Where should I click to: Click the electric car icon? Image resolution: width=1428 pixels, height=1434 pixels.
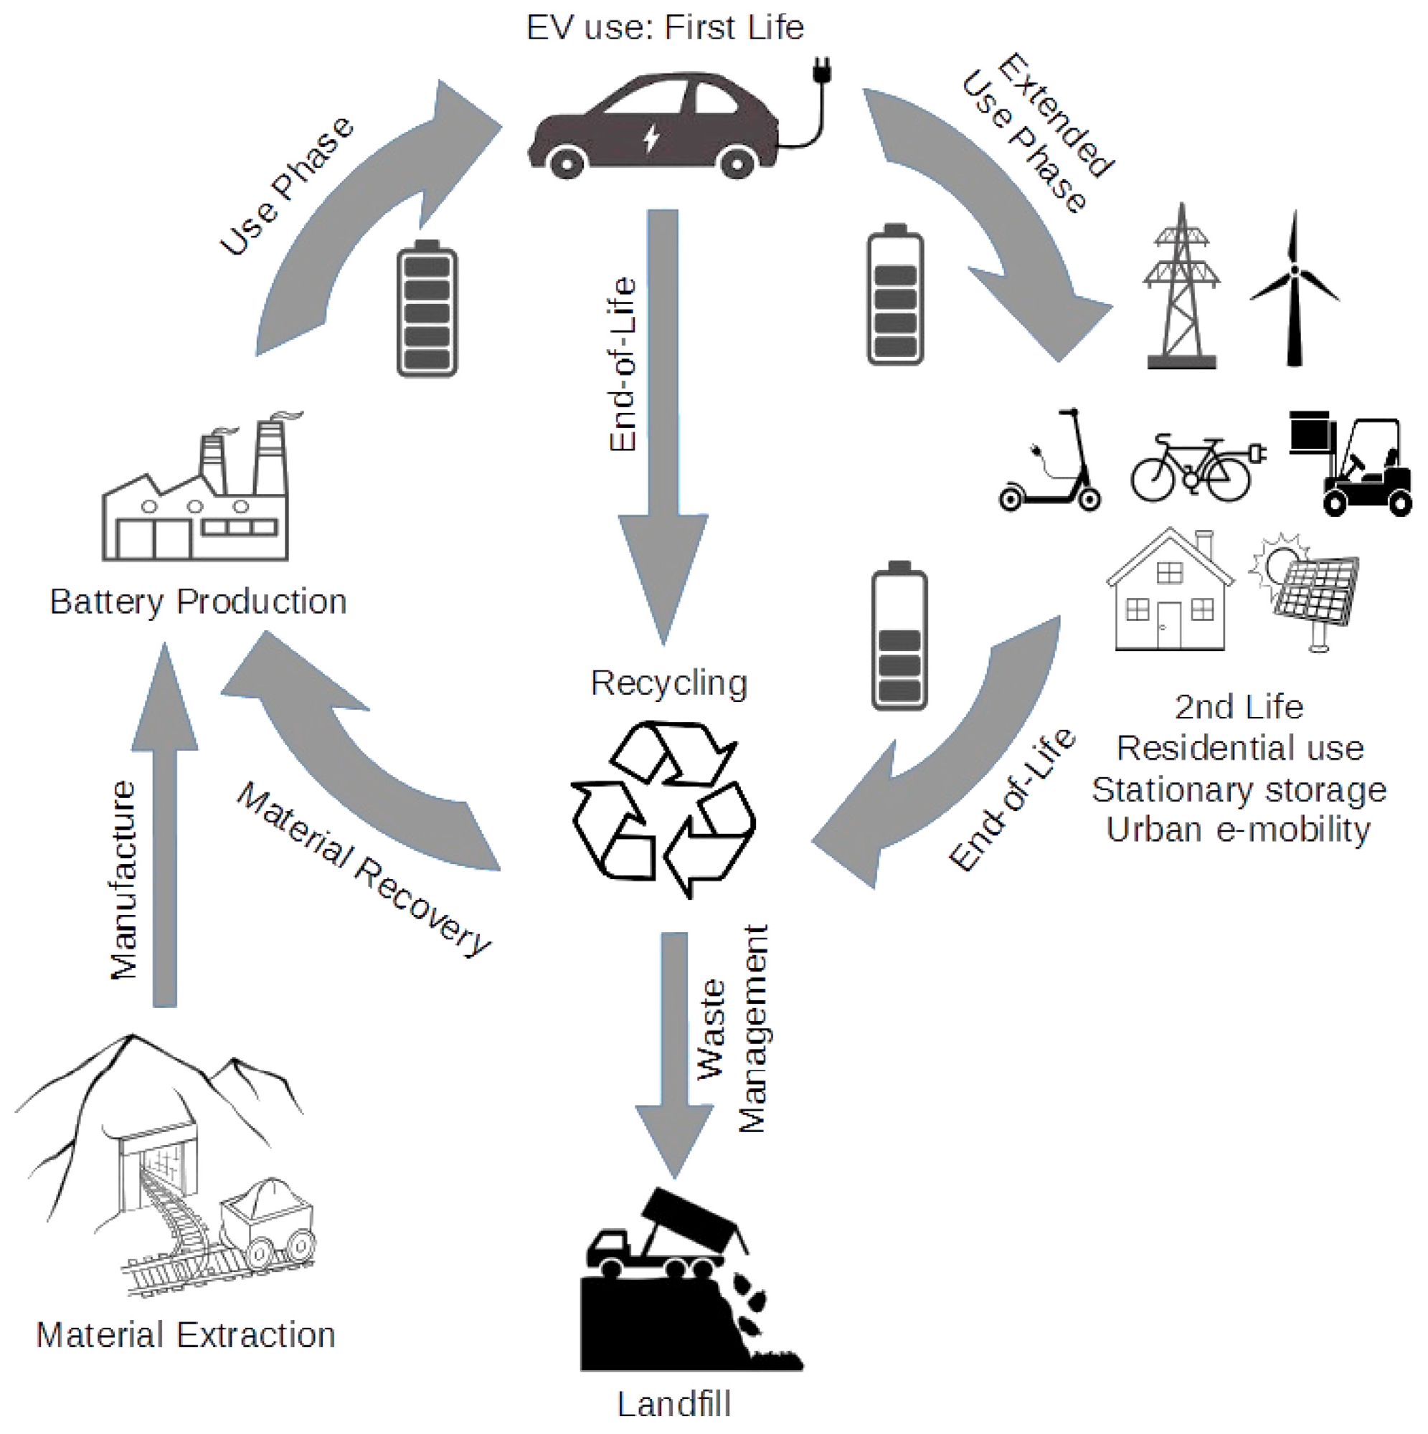(653, 126)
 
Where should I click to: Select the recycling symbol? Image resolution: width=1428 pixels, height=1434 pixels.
(663, 809)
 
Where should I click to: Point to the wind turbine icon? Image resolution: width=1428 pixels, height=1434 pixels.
(1295, 290)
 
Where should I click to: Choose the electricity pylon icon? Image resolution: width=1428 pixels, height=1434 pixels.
(1181, 290)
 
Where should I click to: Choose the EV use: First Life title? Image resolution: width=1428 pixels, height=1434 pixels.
(666, 28)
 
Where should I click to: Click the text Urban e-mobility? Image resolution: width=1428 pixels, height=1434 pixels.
(1238, 830)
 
